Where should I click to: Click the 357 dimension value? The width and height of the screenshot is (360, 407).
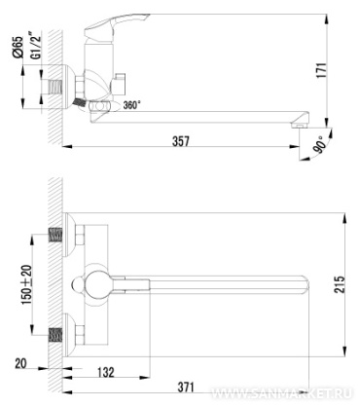[x=181, y=141]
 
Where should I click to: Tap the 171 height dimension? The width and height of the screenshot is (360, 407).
[x=321, y=70]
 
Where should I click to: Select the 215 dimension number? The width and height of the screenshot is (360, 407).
[x=340, y=284]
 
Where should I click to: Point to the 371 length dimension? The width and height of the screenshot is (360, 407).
[x=186, y=387]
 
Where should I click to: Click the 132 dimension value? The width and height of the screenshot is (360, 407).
[x=106, y=372]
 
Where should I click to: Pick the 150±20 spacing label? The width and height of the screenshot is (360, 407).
[x=26, y=285]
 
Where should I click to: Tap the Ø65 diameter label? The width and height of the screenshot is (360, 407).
[x=18, y=47]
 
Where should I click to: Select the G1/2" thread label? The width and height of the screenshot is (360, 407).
[x=36, y=45]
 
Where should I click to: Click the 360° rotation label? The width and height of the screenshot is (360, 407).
[x=132, y=105]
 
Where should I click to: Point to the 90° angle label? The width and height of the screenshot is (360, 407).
[x=320, y=145]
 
